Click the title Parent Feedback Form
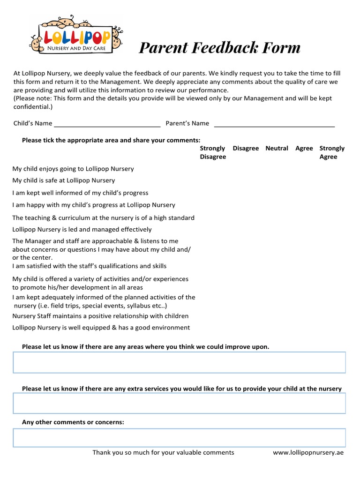point(219,48)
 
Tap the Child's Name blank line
point(107,124)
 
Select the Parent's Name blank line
point(274,124)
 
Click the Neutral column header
point(277,148)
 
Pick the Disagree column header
point(246,148)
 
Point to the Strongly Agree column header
point(331,152)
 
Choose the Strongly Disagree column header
point(213,152)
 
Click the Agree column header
point(304,148)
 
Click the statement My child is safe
point(63,180)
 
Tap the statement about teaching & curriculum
point(103,217)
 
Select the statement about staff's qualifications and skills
point(89,266)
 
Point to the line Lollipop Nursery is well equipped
point(101,328)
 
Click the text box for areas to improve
point(179,362)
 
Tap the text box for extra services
point(179,403)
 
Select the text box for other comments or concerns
point(179,437)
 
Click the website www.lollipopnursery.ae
point(308,453)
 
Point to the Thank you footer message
point(163,453)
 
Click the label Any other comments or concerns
point(73,422)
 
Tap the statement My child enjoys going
point(73,169)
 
